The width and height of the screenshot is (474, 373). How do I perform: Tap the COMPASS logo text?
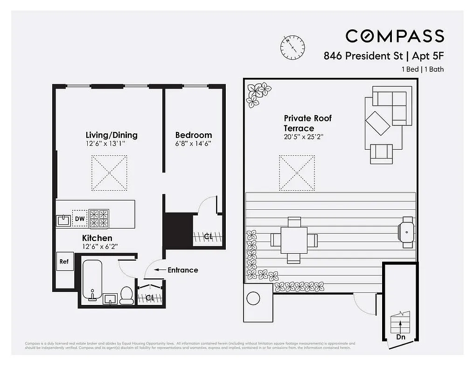pos(395,36)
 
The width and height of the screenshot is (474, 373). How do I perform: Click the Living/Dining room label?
pos(112,135)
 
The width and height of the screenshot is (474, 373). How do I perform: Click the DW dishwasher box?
pos(80,219)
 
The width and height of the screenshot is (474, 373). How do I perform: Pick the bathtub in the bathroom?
pos(93,280)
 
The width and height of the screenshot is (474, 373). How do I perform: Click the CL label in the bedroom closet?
pos(208,237)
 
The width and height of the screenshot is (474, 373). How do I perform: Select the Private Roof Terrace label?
pos(307,123)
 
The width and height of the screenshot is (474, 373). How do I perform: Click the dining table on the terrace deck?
pos(294,240)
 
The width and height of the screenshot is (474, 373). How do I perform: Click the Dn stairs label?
pos(400,337)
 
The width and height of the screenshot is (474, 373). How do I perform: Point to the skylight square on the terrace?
pos(297,173)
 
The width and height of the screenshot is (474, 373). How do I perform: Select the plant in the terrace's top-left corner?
pos(258,94)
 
